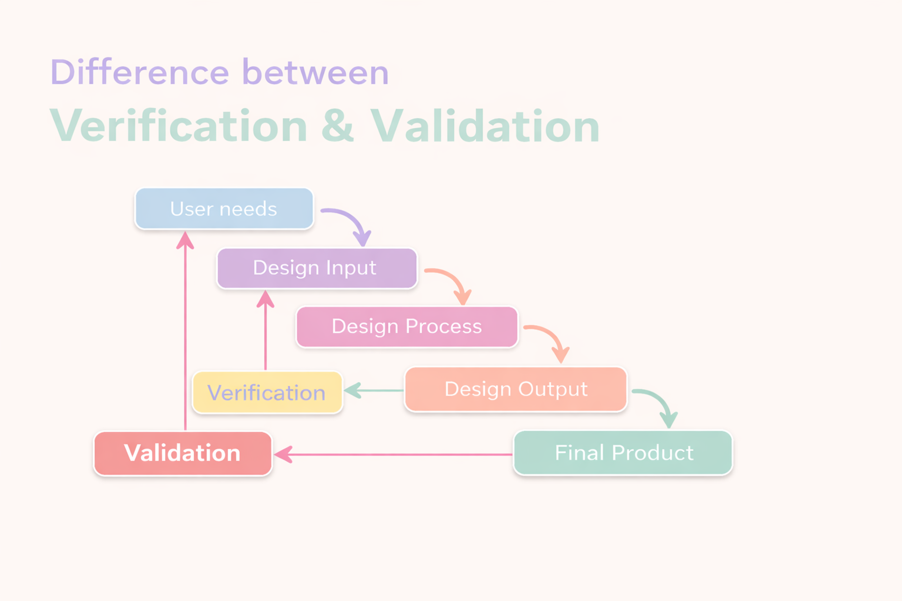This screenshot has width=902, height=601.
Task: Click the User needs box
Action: [224, 209]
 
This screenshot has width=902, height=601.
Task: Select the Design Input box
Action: [317, 268]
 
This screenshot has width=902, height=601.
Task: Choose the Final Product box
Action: [623, 453]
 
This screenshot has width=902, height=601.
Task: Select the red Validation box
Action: [183, 453]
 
